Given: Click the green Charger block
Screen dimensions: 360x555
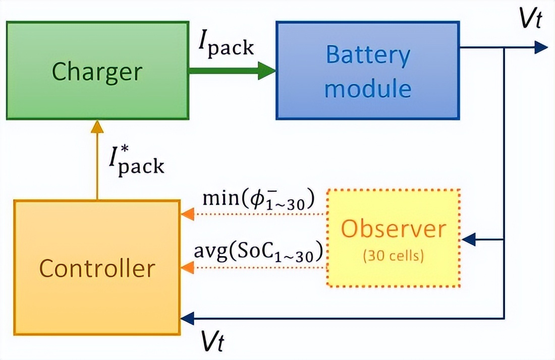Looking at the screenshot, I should pos(97,70).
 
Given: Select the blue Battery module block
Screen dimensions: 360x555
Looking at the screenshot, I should pos(368,70).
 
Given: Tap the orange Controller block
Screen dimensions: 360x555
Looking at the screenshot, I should pos(97,268).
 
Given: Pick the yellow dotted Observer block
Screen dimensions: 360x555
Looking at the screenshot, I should pos(394,237).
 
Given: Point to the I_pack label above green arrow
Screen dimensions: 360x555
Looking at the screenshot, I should pos(226,46).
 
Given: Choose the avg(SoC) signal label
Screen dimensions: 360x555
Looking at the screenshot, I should pos(258,253).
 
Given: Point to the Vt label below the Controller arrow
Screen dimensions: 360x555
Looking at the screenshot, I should pos(212,342).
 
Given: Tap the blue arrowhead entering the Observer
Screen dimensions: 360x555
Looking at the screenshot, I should pos(469,239).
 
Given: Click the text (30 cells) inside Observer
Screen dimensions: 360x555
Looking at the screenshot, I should pos(394,256).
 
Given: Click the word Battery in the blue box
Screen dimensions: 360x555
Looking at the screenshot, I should pos(368,55).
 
